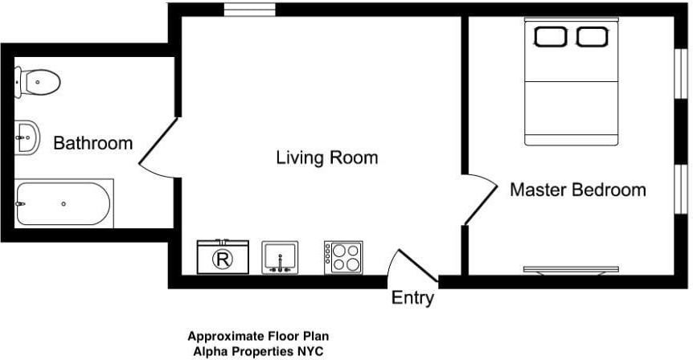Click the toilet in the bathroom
coord(38,82)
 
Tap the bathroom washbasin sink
coord(27,137)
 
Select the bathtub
coord(64,203)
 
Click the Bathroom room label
coord(92,143)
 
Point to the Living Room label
coord(327,157)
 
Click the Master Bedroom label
coord(578,190)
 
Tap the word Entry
coord(412,297)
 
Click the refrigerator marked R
coord(223,257)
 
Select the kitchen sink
coord(280,257)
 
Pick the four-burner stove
coord(343,257)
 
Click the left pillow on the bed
coord(550,37)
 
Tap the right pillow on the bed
coord(593,37)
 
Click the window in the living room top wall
coord(250,10)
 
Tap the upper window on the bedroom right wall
coord(681,72)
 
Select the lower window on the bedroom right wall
coord(681,190)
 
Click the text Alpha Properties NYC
coord(258,352)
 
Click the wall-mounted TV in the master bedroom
coord(571,270)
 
